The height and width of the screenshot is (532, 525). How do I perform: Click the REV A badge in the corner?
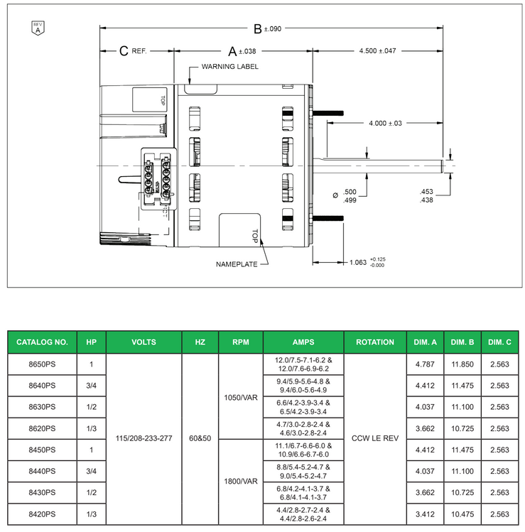pos(38,28)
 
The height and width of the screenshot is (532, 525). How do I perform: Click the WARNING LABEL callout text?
pos(229,67)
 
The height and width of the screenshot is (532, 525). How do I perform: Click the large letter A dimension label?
pos(232,51)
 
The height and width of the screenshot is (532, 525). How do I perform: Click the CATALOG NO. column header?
pos(42,342)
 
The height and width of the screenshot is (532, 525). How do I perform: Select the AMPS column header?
pos(303,342)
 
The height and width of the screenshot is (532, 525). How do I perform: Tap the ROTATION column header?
pos(375,342)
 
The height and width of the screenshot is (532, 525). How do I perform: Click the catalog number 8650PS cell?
pos(42,364)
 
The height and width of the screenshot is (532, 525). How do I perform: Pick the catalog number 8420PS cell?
pos(42,514)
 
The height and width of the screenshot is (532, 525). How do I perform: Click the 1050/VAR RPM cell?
pos(240,396)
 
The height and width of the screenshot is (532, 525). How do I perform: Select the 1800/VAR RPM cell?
pos(240,482)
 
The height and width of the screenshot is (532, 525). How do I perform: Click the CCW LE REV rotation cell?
pos(375,439)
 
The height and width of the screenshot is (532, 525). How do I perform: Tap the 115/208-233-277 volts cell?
pos(144,439)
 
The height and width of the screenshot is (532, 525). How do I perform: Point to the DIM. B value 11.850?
pos(462,364)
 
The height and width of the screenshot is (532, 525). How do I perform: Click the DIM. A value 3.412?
pos(425,514)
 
